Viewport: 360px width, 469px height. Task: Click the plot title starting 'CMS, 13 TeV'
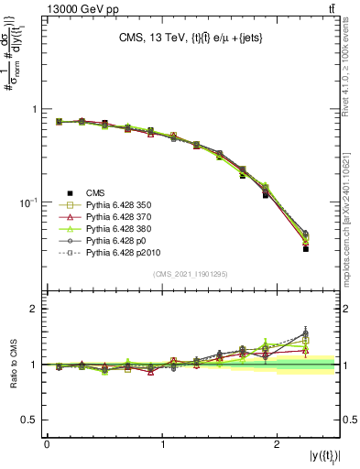coord(193,38)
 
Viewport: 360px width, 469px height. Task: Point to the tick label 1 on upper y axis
coord(35,109)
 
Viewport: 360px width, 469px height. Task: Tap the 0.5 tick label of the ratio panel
coord(30,420)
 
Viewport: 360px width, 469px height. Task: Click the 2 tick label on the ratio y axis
coord(35,309)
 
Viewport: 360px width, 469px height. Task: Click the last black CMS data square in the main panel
coord(306,248)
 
